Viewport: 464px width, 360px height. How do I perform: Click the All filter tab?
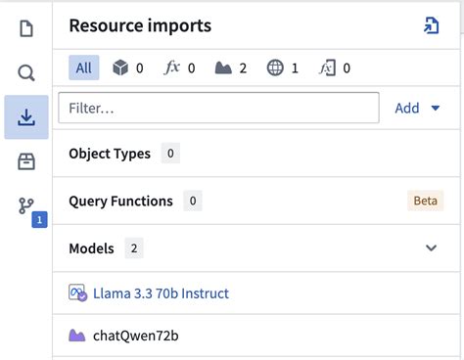point(83,67)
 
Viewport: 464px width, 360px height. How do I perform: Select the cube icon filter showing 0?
point(121,67)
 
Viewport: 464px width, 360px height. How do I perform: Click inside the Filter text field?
point(218,108)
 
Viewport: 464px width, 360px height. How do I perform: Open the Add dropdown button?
point(417,108)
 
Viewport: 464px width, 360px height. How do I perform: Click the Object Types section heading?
point(110,154)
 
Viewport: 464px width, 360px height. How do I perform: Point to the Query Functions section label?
point(120,201)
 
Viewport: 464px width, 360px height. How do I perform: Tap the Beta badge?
point(425,201)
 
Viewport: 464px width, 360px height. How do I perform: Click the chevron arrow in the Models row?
point(431,248)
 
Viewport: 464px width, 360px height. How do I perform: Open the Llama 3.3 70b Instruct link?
point(161,292)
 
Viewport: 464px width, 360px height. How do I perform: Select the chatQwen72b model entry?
point(135,336)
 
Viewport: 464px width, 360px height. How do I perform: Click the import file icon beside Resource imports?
point(431,25)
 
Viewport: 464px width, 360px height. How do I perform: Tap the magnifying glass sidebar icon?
point(26,72)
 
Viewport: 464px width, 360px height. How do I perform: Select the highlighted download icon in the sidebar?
point(26,117)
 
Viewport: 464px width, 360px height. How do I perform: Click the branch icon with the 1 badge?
point(26,206)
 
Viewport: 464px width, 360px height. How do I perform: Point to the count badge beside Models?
point(134,248)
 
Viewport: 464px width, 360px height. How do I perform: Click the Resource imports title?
point(140,26)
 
